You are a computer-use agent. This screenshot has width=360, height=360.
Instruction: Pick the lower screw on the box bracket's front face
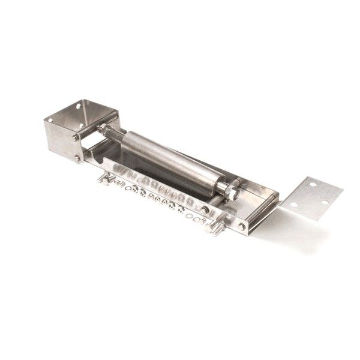[x=77, y=158]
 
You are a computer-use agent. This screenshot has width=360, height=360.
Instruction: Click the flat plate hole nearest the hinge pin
[x=293, y=205]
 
